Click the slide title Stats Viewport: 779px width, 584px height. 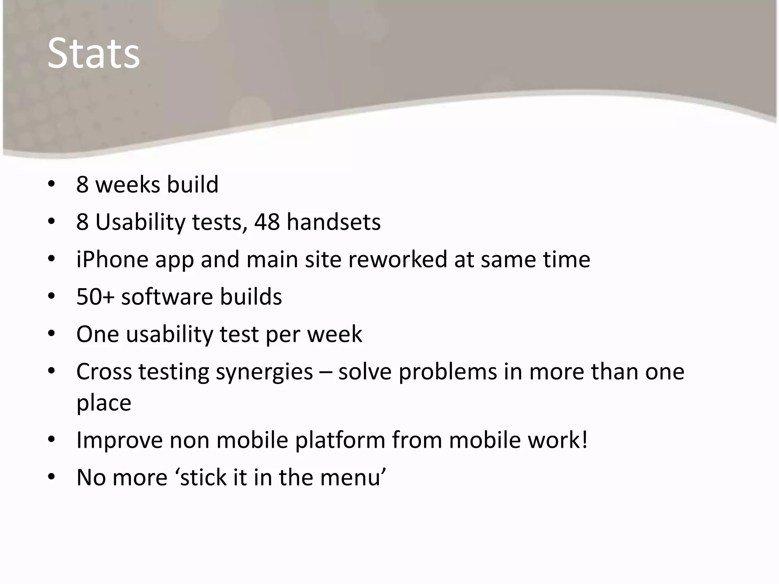94,54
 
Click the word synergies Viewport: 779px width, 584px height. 264,372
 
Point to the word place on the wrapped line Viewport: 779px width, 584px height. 103,403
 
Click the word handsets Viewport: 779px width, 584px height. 333,222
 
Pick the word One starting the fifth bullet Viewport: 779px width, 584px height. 97,334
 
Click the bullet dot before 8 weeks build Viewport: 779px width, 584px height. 51,184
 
